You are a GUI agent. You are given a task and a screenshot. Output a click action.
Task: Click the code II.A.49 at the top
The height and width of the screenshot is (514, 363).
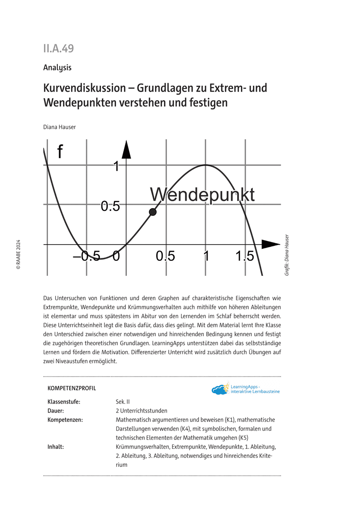coord(58,48)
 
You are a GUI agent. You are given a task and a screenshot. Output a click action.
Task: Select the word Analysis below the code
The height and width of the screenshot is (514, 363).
coord(57,68)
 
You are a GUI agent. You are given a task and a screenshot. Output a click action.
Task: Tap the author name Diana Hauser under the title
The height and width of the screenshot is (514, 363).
coord(60,127)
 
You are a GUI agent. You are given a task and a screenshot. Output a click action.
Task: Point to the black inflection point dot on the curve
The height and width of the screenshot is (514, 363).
coord(153,212)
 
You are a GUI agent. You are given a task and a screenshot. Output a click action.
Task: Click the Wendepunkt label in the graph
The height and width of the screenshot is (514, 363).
coord(202,194)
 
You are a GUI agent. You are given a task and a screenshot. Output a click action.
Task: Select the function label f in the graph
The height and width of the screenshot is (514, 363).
coord(60,152)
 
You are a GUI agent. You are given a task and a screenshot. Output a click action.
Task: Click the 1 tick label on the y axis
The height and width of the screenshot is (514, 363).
coord(116,166)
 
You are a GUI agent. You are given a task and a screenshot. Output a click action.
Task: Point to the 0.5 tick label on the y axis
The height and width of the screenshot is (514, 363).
coord(110,206)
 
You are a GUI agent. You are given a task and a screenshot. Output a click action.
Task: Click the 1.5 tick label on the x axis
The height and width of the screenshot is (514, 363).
coord(244,257)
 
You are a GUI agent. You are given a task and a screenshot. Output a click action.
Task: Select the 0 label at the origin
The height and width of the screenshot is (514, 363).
coord(116,257)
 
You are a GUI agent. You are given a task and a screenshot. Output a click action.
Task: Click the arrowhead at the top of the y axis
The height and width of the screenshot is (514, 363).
coord(126,149)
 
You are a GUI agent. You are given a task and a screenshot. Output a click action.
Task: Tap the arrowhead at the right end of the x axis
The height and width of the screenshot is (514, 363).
coord(270,244)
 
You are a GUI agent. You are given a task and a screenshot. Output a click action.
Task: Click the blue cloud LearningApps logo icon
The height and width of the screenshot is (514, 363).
coord(220,389)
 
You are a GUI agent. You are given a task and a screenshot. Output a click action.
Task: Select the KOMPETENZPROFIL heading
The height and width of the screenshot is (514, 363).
coord(72,388)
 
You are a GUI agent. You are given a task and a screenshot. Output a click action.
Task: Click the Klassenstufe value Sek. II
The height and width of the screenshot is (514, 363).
coord(122,402)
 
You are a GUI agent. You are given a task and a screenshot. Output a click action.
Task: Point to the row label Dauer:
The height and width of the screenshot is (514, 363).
coord(57,411)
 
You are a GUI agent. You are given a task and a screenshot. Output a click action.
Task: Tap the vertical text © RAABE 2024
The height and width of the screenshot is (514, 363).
coord(18,254)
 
